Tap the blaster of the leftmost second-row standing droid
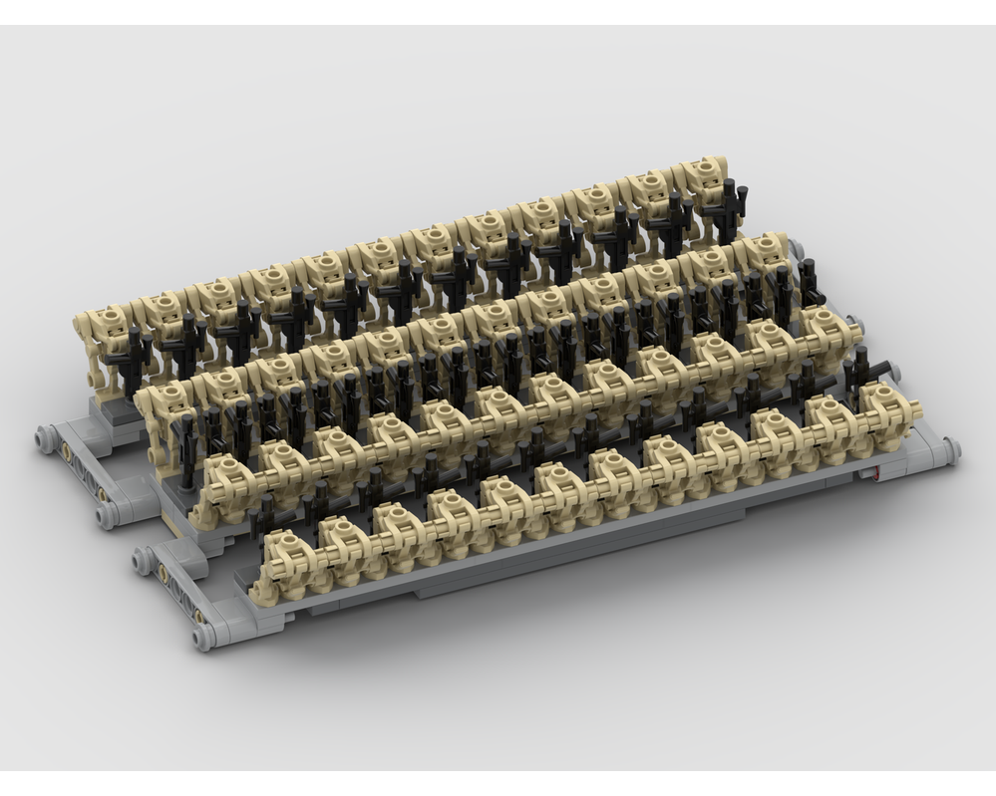189,438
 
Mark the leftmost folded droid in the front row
283,553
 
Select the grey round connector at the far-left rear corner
45,435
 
